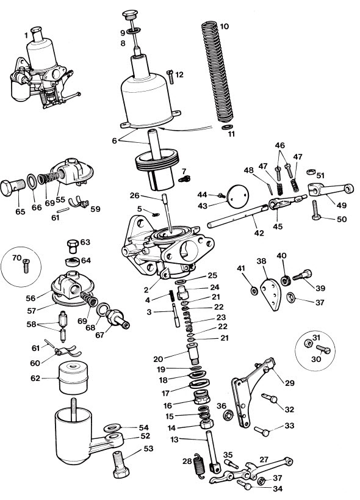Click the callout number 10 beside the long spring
225,26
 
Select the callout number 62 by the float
35,378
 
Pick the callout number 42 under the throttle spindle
259,233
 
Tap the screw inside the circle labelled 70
26,266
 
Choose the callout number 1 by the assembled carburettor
26,35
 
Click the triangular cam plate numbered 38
271,295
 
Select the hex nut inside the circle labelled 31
308,344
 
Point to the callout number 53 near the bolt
148,449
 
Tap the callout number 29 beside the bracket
290,383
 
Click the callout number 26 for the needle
135,195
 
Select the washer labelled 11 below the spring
226,127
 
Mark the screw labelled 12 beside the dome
170,77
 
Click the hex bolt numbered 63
73,246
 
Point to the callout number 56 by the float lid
31,298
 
